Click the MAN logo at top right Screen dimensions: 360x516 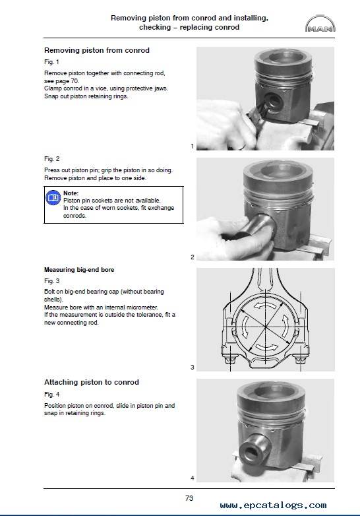[x=320, y=23]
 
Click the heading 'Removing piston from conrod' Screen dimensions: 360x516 [x=97, y=50]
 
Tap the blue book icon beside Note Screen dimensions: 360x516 [x=53, y=198]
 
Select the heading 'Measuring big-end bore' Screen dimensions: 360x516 [x=79, y=270]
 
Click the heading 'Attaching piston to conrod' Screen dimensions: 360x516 [x=92, y=383]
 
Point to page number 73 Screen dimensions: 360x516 [x=189, y=499]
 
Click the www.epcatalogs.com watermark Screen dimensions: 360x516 [x=273, y=505]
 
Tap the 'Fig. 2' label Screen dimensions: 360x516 [x=52, y=159]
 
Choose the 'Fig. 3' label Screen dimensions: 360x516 [x=52, y=281]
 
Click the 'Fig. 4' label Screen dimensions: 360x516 [x=52, y=394]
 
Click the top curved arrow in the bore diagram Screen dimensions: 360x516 [x=265, y=306]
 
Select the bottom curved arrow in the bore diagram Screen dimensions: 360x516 [x=266, y=347]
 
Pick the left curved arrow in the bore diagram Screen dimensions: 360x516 [x=244, y=327]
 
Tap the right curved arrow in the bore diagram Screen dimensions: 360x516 [x=285, y=326]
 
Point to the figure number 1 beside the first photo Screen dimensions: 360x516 [x=193, y=146]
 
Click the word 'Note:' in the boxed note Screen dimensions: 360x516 [x=71, y=193]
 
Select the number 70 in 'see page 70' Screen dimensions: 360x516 [x=75, y=81]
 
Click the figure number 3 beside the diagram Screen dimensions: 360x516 [x=193, y=368]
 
